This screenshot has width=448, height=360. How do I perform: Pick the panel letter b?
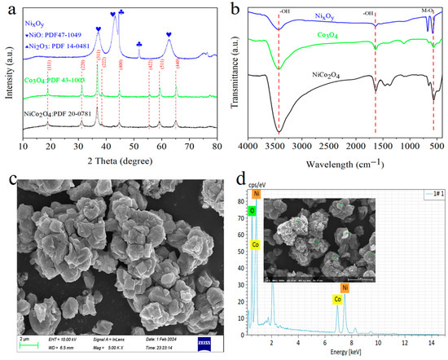[233, 10]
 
